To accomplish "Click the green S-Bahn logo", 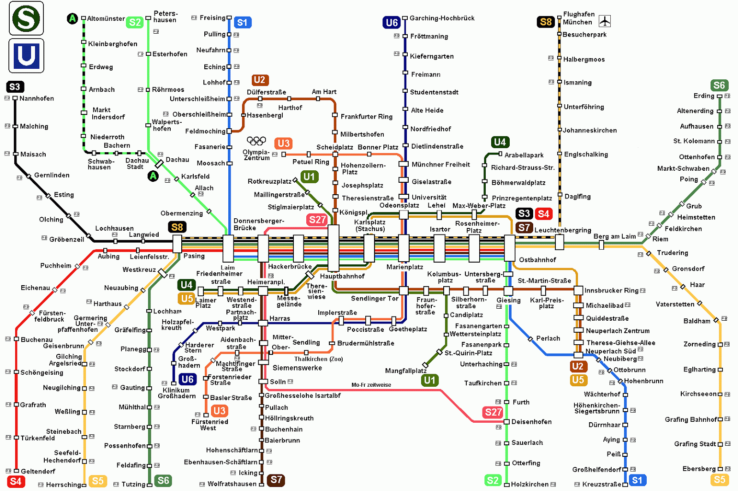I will pos(26,18).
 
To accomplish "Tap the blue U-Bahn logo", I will pos(26,56).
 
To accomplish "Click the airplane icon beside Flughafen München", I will pos(605,21).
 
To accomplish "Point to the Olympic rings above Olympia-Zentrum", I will pos(256,140).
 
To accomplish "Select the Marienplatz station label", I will pos(405,267).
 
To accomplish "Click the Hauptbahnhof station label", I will pos(342,276).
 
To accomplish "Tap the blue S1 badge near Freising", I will pos(242,22).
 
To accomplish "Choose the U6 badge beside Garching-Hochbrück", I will pos(391,22).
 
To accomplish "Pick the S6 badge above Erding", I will pos(719,85).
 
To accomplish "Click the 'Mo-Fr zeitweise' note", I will pos(371,385).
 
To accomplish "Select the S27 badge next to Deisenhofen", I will pos(493,412).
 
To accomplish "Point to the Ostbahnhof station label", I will pos(537,260).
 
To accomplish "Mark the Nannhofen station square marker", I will pos(15,98).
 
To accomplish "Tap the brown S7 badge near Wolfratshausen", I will pos(276,480).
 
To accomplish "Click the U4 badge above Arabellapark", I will pos(500,142).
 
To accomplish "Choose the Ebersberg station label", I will pos(699,469).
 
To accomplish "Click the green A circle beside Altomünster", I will pos(72,18).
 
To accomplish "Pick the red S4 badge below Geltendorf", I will pos(15,482).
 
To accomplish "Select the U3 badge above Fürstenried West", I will pos(219,411).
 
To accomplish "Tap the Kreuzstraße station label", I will pos(601,484).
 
